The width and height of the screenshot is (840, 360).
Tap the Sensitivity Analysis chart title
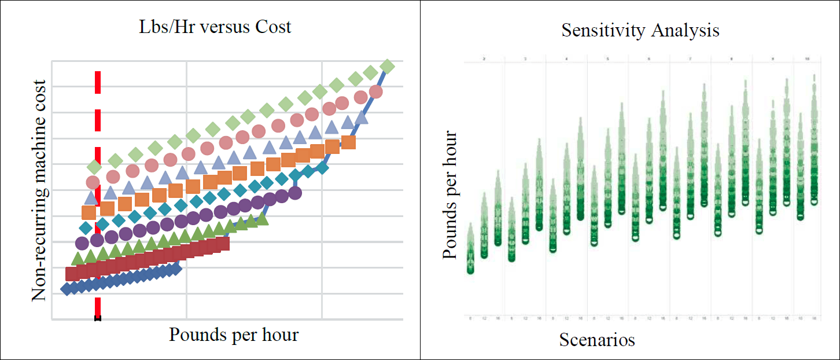click(640, 30)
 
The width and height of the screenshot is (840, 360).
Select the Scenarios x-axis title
click(597, 340)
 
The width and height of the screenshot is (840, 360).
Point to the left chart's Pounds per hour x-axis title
click(234, 335)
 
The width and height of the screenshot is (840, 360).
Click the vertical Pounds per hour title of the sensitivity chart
click(450, 195)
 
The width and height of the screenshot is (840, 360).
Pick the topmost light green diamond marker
click(387, 67)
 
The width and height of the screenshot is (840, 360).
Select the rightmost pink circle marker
click(375, 92)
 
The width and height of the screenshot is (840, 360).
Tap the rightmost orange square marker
click(348, 142)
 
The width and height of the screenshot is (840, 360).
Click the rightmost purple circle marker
click(294, 193)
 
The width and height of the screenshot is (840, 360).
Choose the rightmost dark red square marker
click(223, 244)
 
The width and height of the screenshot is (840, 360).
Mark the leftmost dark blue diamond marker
click(67, 289)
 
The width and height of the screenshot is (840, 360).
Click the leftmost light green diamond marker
click(94, 167)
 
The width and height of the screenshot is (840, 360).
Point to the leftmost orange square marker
click(89, 213)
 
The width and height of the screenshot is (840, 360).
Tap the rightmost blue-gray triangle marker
click(362, 118)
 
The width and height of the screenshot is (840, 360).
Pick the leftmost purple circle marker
click(82, 243)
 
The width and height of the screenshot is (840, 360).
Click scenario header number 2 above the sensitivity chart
click(484, 59)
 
